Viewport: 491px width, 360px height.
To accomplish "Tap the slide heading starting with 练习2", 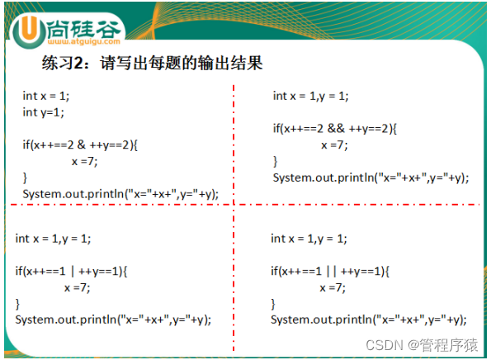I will click(152, 62).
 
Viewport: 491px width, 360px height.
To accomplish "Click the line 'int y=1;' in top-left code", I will click(43, 112).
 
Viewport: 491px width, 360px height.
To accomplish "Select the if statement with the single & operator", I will click(80, 144).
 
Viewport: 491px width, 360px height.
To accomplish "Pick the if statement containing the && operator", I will click(335, 128).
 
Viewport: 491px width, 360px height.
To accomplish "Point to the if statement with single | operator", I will click(73, 271).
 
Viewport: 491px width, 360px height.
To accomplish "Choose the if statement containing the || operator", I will click(329, 271).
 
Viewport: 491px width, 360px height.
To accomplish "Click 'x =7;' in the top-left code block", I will click(85, 161).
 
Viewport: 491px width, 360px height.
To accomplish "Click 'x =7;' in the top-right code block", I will click(335, 144).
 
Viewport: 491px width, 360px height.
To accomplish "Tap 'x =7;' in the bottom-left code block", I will click(78, 287).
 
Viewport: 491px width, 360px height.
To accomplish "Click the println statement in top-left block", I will click(120, 193).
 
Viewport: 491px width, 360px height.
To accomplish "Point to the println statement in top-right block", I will click(371, 177).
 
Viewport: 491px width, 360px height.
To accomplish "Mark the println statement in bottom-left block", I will click(113, 320).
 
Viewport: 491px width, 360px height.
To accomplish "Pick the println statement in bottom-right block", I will click(368, 320).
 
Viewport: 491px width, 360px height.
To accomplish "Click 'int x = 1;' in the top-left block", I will click(46, 96).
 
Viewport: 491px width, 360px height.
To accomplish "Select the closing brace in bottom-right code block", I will click(273, 303).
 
